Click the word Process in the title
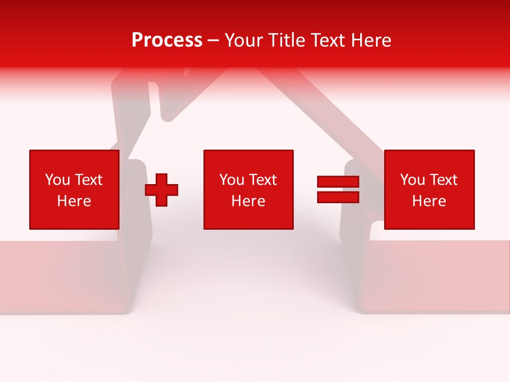pos(167,40)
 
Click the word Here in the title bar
pos(371,40)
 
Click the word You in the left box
pos(57,180)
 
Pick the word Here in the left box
pos(74,201)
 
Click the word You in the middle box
pos(232,180)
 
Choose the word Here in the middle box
pos(248,201)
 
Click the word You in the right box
pos(412,180)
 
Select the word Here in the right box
pos(429,201)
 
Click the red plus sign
pos(161,189)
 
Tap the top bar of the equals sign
pos(338,182)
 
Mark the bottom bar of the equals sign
pos(338,197)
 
